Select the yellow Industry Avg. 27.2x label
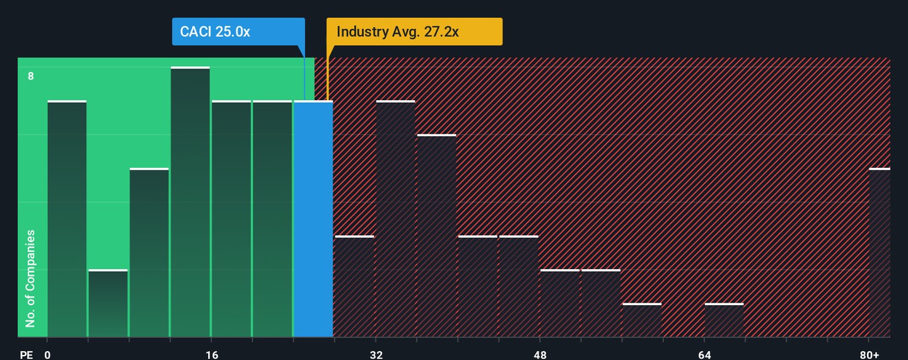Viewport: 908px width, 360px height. point(414,32)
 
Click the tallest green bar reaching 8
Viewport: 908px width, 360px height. point(190,202)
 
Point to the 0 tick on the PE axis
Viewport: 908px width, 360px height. point(47,355)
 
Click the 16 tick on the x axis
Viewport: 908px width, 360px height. point(212,355)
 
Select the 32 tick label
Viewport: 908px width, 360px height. point(376,355)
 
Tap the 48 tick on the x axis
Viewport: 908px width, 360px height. point(540,355)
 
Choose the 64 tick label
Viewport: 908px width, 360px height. point(704,355)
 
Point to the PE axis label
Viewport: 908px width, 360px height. point(26,355)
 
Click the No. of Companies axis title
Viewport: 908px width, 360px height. point(30,278)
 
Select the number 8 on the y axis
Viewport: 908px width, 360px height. point(30,76)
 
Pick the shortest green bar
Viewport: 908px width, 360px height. point(108,303)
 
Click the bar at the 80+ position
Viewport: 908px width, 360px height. point(880,253)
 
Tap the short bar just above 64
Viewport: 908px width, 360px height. point(724,320)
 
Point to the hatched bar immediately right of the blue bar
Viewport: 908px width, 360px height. point(354,286)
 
